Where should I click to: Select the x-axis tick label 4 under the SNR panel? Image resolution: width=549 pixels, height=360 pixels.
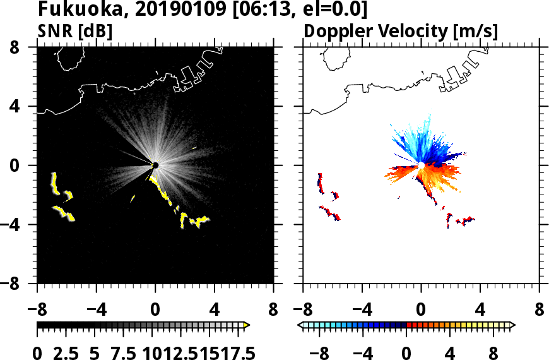[x=214, y=311]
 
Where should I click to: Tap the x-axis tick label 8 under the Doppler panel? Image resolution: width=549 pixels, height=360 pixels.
[x=539, y=311]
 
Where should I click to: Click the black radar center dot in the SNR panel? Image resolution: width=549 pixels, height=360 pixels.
[x=155, y=165]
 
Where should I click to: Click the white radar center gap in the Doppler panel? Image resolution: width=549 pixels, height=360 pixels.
[x=420, y=165]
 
